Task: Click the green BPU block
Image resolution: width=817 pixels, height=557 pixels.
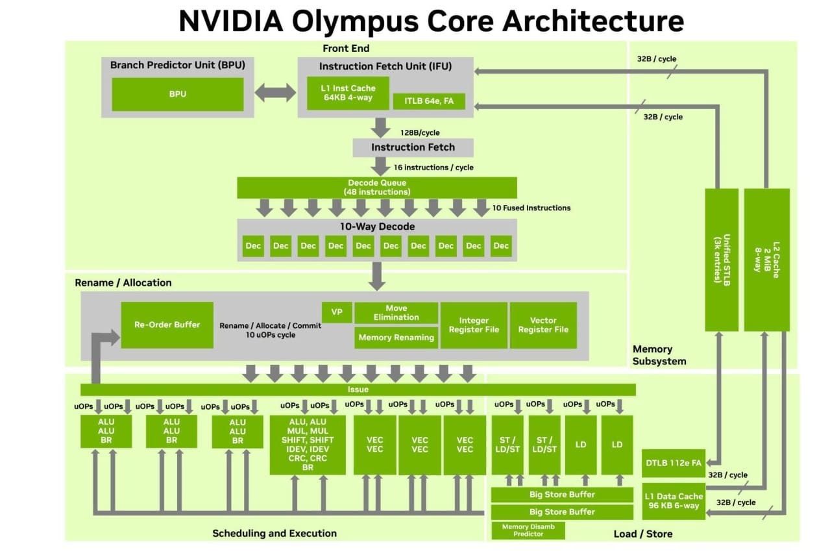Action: click(x=178, y=94)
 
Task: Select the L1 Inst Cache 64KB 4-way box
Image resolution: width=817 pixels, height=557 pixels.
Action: click(x=348, y=93)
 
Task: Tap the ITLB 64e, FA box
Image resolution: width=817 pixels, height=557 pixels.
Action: click(x=429, y=101)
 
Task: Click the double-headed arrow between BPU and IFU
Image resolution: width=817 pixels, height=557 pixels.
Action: click(x=275, y=93)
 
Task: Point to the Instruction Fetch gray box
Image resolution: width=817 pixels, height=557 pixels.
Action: click(x=413, y=147)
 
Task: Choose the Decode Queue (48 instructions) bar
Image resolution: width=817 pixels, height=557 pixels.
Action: click(x=377, y=188)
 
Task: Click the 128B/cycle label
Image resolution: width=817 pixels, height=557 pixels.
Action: click(x=420, y=133)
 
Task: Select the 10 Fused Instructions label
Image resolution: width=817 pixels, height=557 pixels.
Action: click(x=531, y=208)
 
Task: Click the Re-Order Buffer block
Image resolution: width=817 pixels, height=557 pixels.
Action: click(x=167, y=325)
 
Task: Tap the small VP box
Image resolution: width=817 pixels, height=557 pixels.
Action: click(x=337, y=312)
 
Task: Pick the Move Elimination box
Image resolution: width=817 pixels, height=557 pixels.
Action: click(x=396, y=313)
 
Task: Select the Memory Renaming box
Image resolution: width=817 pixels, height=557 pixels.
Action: click(x=396, y=338)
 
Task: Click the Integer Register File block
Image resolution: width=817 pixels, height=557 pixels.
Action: click(x=474, y=325)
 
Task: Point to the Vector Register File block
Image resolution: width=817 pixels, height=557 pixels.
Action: click(x=543, y=325)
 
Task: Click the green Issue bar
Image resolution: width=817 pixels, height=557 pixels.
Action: click(x=358, y=390)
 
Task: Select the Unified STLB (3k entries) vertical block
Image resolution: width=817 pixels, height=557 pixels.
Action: click(x=722, y=260)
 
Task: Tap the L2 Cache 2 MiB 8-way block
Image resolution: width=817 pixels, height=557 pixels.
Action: click(x=766, y=260)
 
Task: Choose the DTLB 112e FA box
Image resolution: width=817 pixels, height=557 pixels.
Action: click(x=674, y=464)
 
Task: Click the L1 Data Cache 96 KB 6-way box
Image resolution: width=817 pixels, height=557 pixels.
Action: click(x=674, y=501)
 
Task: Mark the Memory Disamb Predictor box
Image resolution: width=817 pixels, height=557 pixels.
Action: click(x=528, y=530)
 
